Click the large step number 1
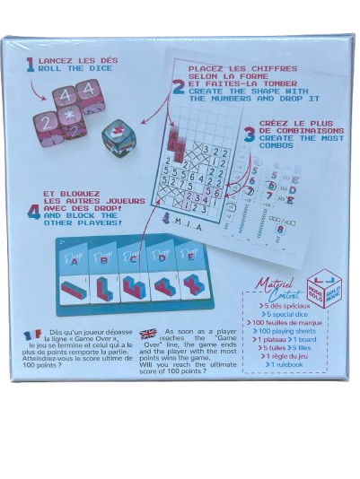pos(30,64)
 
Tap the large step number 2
pos(179,88)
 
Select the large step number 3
pos(250,134)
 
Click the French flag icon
pos(32,335)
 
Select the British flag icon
pos(147,334)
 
